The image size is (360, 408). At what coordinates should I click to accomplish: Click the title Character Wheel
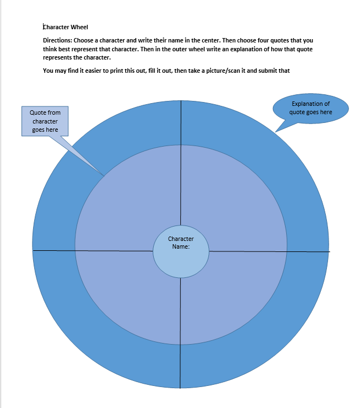(66, 27)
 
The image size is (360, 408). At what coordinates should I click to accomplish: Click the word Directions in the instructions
(57, 40)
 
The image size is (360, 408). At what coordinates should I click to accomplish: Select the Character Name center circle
(181, 251)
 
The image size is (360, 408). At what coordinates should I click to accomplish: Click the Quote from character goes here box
(45, 121)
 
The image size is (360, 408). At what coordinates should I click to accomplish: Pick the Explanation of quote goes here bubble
(310, 108)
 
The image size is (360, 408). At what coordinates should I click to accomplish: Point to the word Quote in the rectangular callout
(37, 112)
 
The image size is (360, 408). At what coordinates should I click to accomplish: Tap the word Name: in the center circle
(181, 246)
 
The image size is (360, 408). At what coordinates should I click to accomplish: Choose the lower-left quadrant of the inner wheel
(130, 294)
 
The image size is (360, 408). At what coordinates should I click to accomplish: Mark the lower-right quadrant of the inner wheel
(232, 294)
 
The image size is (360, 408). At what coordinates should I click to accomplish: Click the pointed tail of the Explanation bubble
(276, 132)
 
